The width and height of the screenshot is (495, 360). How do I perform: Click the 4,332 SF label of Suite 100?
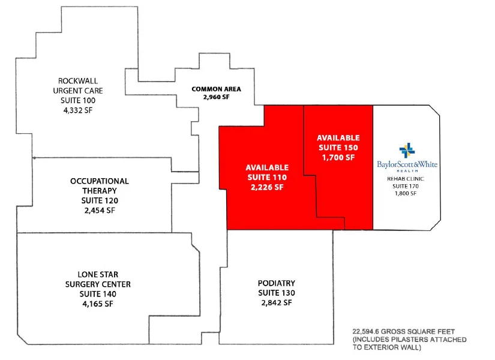78,110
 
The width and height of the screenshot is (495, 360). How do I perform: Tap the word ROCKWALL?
78,81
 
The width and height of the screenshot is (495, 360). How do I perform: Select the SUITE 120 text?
100,200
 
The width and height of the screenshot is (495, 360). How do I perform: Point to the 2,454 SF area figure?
100,211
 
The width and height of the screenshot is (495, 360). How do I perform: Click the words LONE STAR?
98,274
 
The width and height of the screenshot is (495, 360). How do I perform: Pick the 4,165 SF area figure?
98,304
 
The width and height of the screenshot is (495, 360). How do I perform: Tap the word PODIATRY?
277,283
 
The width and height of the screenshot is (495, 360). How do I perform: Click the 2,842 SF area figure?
277,302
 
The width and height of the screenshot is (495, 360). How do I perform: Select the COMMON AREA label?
216,89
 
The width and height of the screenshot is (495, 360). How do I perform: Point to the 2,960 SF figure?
216,97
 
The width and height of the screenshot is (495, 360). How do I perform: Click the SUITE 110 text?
267,177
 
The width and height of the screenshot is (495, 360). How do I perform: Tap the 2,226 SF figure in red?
267,187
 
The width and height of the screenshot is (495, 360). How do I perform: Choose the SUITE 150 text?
338,148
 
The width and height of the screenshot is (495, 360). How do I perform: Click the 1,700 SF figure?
338,157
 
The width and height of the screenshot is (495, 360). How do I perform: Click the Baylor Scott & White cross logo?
407,151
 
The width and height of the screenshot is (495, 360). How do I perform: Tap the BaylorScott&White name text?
407,164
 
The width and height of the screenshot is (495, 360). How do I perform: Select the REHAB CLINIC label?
406,179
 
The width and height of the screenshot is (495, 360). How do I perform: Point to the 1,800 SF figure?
406,193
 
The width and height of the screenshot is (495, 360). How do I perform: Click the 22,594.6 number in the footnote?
366,332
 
